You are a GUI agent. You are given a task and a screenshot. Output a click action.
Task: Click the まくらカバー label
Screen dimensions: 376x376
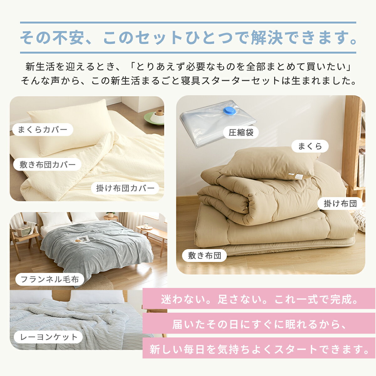[x=43, y=129]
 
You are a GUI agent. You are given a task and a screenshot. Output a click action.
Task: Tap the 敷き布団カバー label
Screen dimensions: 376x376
[x=47, y=164]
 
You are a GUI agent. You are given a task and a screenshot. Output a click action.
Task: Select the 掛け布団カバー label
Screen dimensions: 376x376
[x=125, y=188]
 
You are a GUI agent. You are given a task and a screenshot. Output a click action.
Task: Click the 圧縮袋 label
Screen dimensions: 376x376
[x=241, y=133]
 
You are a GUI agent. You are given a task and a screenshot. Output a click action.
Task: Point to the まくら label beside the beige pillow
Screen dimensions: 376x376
[x=310, y=146]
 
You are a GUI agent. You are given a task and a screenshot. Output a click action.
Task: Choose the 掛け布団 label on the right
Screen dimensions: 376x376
[x=340, y=204]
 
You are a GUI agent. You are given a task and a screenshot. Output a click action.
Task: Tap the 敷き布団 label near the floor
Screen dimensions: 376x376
[x=204, y=255]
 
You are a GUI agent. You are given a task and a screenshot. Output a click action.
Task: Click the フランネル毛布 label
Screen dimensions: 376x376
[x=50, y=279]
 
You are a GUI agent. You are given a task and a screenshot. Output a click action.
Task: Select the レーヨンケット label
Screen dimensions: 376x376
[x=48, y=337]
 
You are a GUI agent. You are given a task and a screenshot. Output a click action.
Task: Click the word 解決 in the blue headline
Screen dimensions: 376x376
[x=267, y=38]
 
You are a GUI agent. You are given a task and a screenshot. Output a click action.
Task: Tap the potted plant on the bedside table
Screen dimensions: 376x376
[x=111, y=215]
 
